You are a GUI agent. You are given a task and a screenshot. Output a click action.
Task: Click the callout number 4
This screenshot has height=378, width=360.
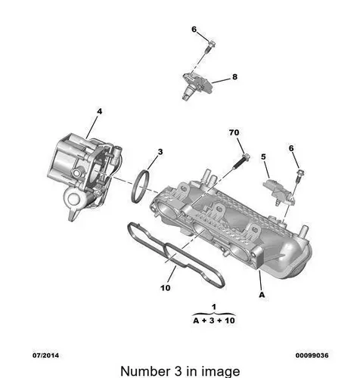coord(100,111)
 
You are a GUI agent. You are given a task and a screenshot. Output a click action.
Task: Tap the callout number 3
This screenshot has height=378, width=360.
coord(160,152)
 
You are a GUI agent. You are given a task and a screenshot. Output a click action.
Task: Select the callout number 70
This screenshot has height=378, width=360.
coord(234,132)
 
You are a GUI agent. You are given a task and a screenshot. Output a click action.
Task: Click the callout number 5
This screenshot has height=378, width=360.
coord(263,156)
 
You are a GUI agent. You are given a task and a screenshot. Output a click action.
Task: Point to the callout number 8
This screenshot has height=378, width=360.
coord(234,76)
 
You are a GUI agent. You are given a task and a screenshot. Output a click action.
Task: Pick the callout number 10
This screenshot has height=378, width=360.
coord(166,287)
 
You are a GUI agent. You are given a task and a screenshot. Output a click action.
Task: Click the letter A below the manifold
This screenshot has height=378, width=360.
coord(262,295)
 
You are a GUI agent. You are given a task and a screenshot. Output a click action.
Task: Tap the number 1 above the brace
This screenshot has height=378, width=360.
coord(214,307)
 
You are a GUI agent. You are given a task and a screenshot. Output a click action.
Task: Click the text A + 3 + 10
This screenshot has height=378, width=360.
coord(214,321)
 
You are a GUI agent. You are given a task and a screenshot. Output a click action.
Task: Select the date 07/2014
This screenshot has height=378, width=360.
coord(45,355)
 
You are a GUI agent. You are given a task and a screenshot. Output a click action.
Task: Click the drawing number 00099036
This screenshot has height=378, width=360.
coord(312,355)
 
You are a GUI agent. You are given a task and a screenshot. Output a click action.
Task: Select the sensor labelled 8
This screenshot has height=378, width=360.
coord(198,85)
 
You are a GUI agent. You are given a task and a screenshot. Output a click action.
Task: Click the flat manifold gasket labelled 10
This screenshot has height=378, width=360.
coord(175,255)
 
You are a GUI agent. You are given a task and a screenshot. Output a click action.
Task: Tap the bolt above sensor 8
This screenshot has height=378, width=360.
coord(209,47)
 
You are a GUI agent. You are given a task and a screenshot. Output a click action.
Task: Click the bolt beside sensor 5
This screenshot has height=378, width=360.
coord(299,176)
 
